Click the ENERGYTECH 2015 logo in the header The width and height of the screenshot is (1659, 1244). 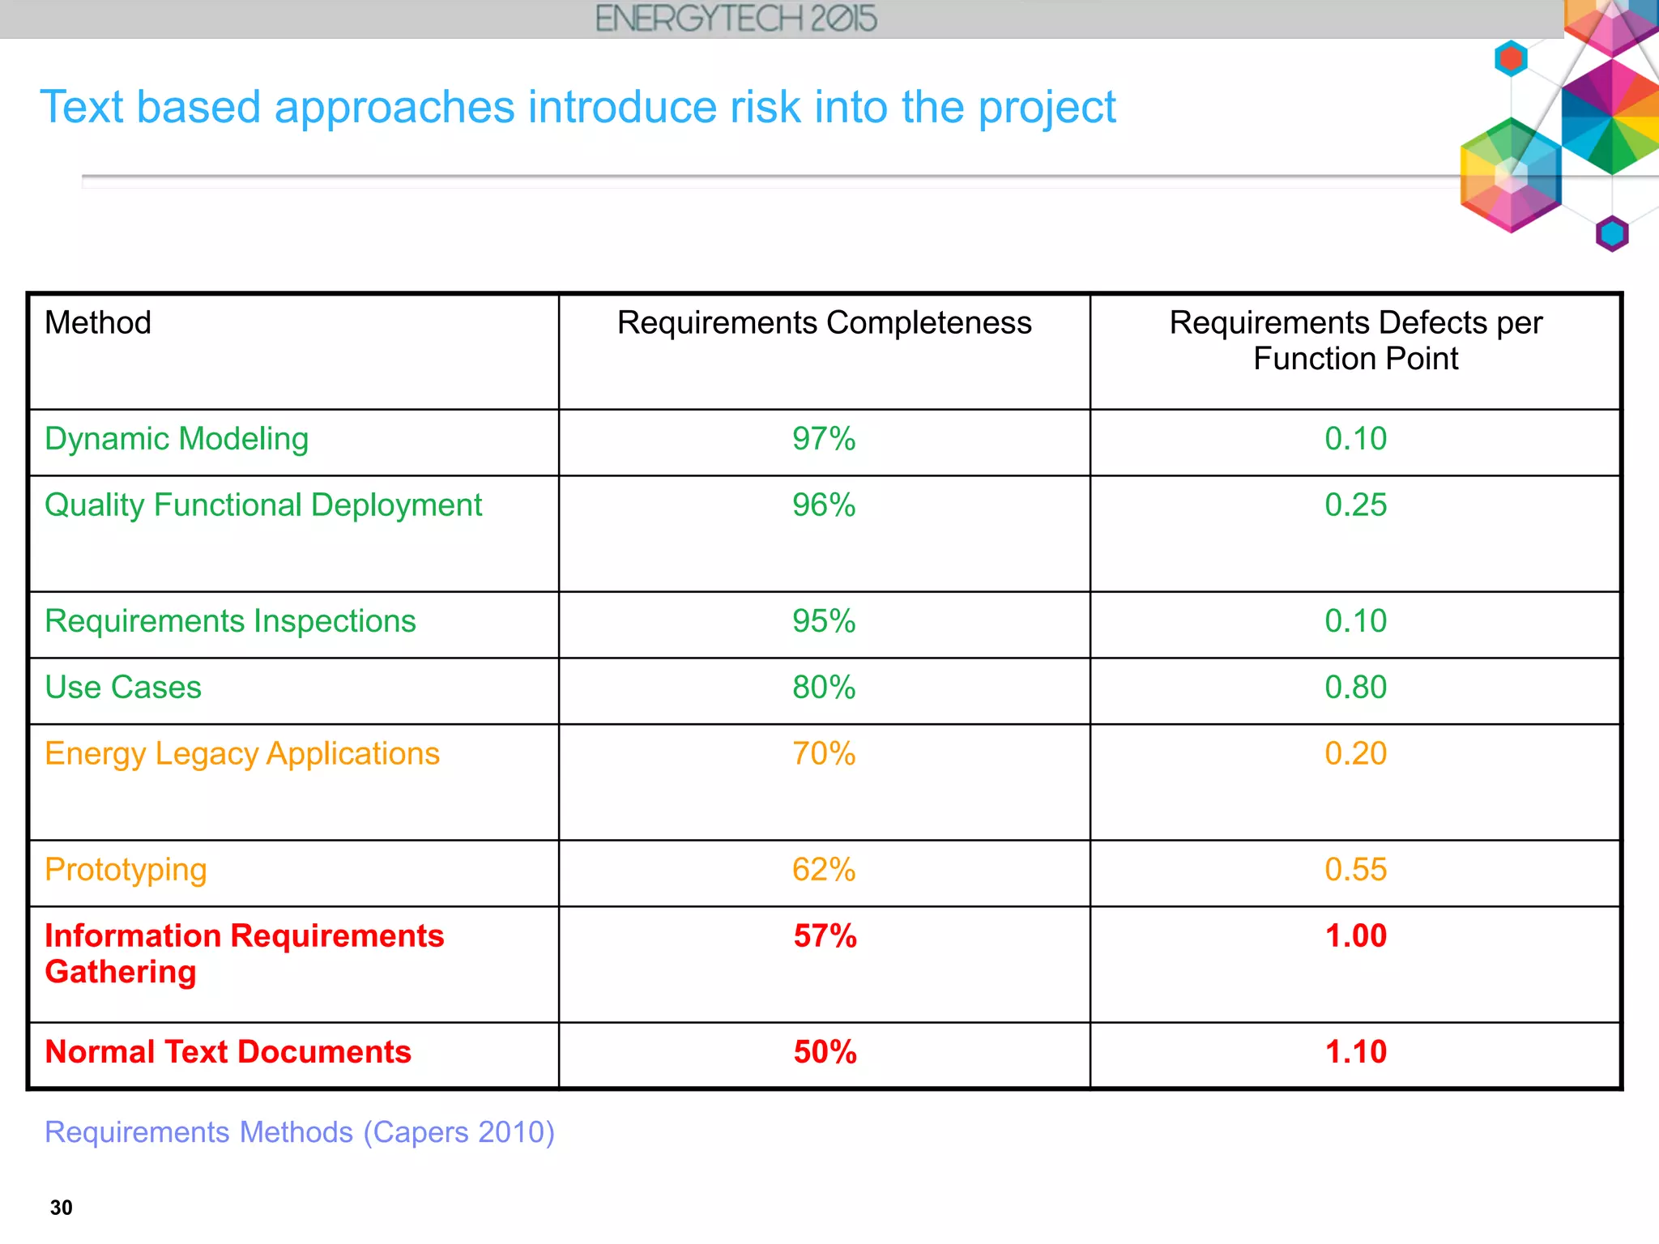coord(736,19)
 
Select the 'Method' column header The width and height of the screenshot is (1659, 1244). coord(98,322)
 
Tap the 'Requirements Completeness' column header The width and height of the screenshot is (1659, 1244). coord(824,322)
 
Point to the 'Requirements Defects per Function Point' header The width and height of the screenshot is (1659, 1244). coord(1355,340)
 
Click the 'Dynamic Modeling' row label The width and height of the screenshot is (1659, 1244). coord(177,439)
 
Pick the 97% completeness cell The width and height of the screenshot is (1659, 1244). coord(824,439)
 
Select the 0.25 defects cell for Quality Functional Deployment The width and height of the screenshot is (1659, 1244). coord(1355,505)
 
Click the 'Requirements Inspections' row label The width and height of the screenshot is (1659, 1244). coord(230,621)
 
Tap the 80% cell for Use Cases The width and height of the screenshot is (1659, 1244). coord(824,688)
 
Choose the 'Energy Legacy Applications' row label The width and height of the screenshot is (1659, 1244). coord(242,754)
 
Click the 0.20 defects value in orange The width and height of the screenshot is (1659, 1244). coord(1355,754)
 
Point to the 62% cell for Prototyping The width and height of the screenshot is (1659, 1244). coord(824,870)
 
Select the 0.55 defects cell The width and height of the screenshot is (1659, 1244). coord(1355,870)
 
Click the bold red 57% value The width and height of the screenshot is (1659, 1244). coord(825,936)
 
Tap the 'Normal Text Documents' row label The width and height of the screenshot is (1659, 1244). coord(228,1052)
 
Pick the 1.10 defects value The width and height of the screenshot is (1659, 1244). coord(1355,1052)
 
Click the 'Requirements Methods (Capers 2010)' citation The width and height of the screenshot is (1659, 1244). coord(300,1131)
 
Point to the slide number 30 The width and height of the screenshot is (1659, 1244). coord(62,1208)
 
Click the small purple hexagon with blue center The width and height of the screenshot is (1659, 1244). coord(1611,234)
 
